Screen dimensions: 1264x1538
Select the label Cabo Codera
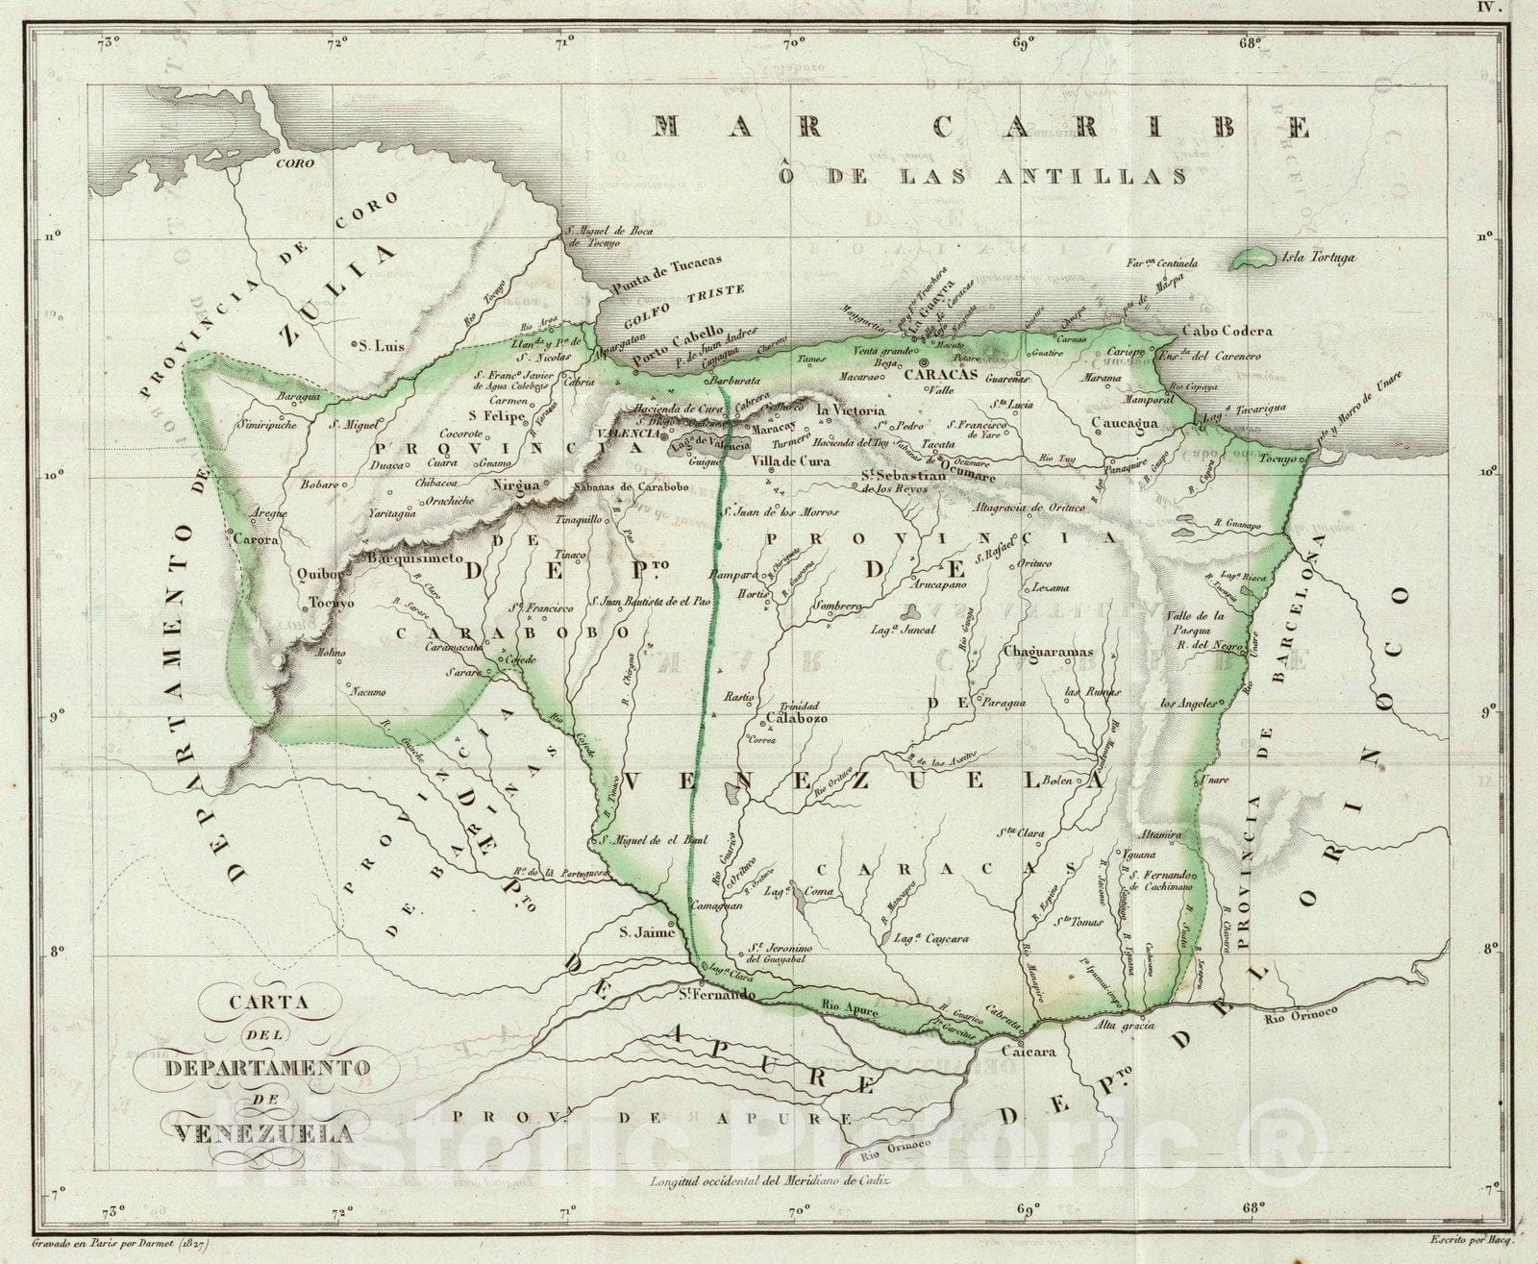[1227, 331]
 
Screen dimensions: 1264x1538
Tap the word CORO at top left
[295, 163]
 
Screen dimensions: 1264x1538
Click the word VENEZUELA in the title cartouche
[264, 1132]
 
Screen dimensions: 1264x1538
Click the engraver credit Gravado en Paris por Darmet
[120, 1243]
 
